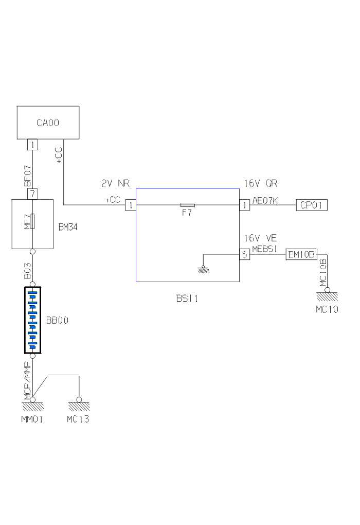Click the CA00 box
tap(48, 122)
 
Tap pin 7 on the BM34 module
tap(32, 194)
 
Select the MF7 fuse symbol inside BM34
tap(32, 222)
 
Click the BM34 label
tap(67, 227)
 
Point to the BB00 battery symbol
tap(32, 321)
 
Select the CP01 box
tap(311, 205)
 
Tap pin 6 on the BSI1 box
tap(244, 254)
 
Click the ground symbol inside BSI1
tap(204, 268)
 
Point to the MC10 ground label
tap(327, 309)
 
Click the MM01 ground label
tap(31, 419)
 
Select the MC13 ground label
tap(78, 419)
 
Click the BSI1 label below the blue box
tap(187, 298)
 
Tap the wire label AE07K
tap(265, 200)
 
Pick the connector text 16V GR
tap(261, 183)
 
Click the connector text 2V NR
tap(115, 183)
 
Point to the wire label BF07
tap(28, 176)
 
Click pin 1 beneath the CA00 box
tap(32, 145)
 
